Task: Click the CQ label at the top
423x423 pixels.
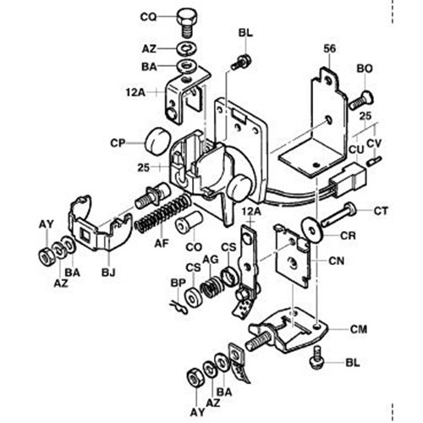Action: (x=147, y=17)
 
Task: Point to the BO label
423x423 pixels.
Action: (x=365, y=67)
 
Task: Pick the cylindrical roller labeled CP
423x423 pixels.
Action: (x=156, y=140)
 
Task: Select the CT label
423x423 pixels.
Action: (x=382, y=209)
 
